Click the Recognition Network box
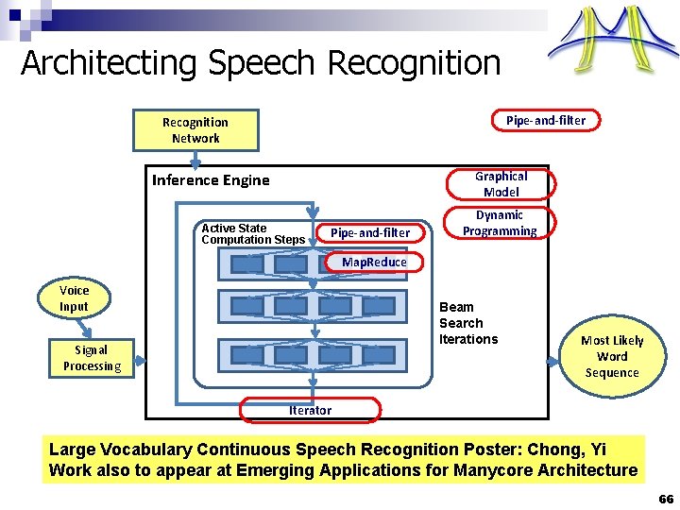[195, 130]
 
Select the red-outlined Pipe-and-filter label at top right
[545, 120]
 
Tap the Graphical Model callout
[501, 184]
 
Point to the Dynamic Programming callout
[500, 223]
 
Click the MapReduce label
[374, 262]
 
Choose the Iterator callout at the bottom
[310, 410]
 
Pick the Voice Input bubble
[74, 298]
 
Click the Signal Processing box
[92, 358]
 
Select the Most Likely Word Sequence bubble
[612, 356]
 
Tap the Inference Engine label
[211, 180]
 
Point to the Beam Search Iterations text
[468, 323]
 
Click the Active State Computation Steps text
[252, 234]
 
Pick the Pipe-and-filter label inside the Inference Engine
[370, 232]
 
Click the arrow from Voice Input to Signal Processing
[84, 327]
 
